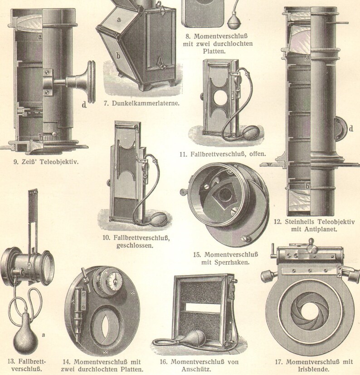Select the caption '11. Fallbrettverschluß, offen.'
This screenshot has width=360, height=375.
pos(222,154)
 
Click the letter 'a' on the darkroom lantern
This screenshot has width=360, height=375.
pos(119,19)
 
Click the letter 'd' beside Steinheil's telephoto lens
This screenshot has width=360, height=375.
pos(351,128)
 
